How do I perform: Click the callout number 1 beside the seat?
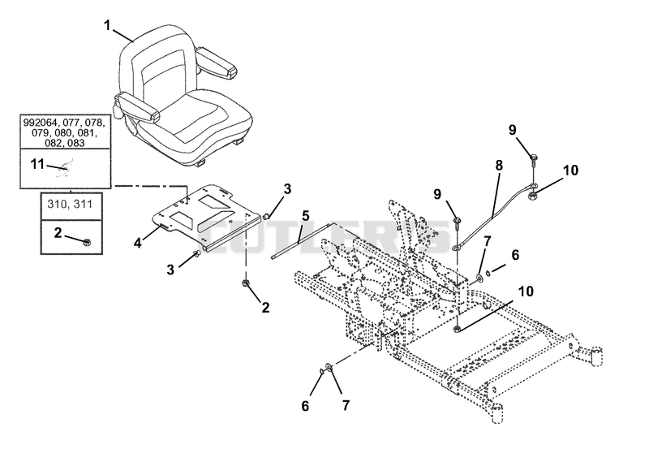point(108,26)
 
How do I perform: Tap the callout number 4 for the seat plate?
point(137,243)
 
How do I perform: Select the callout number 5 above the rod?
point(306,216)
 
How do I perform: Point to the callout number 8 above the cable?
point(499,166)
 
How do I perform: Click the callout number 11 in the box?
point(37,164)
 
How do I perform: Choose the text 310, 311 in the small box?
point(70,204)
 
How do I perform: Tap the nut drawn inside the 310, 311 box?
point(87,242)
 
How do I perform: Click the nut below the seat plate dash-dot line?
point(246,283)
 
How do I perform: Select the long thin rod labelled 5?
point(299,240)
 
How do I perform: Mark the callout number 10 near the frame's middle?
point(526,291)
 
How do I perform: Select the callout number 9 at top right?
point(513,130)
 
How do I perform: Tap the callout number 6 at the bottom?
point(305,406)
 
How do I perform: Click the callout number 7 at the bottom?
point(346,405)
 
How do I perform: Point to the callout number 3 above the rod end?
point(287,189)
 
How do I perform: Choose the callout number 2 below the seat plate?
point(265,307)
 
